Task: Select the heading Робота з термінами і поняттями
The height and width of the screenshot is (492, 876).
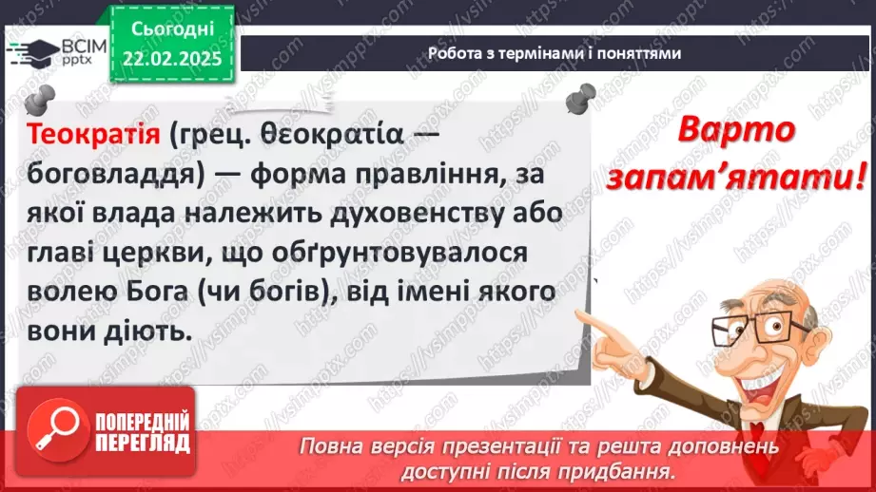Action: tap(554, 53)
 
